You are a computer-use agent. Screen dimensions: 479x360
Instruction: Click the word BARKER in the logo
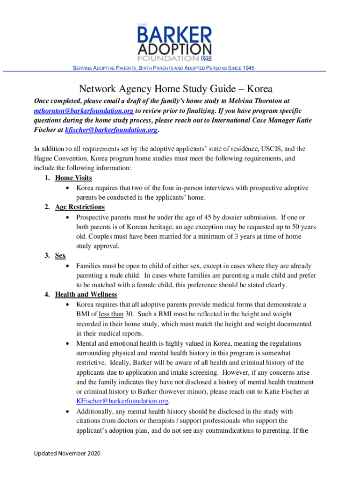coord(174,35)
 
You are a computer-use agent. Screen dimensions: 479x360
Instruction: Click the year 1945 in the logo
coord(206,59)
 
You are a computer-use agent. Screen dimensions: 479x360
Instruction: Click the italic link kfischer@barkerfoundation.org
coord(111,130)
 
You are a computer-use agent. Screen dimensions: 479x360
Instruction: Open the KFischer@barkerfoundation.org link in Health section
coord(122,401)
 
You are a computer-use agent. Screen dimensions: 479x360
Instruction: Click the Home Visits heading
coord(73,178)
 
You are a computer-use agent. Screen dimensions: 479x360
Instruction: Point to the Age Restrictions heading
coord(80,207)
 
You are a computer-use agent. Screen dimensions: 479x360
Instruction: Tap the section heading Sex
coord(60,255)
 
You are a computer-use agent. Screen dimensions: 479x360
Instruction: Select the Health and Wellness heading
coord(86,294)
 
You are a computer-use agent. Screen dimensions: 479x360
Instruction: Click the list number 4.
coord(48,294)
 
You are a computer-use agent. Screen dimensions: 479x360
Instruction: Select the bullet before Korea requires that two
coord(69,188)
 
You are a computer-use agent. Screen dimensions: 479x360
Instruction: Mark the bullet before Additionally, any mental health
coord(69,412)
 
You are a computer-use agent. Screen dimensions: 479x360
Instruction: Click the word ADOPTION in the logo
coord(174,50)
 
